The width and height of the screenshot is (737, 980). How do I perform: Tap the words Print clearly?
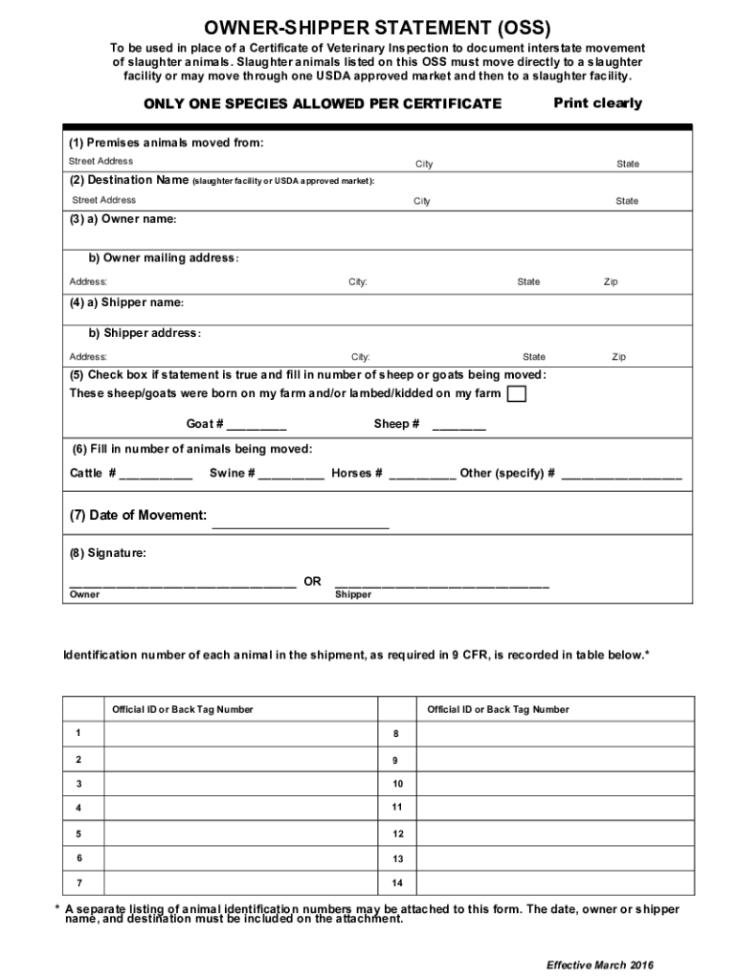pos(597,103)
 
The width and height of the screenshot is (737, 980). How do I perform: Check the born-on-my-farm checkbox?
pos(517,394)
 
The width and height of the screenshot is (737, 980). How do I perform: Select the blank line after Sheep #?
pos(459,425)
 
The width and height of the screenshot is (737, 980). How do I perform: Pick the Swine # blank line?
pos(291,474)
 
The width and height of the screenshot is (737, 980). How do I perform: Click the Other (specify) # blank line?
pos(622,474)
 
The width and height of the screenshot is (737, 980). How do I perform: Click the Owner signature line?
pos(182,581)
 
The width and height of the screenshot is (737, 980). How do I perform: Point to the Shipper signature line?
pos(441,581)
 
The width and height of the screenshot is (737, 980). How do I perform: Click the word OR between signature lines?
pos(312,582)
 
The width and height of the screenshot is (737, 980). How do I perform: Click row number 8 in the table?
pos(395,734)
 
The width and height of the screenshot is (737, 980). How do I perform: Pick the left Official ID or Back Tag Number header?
pos(182,709)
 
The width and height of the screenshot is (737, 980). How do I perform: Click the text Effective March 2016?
pos(599,964)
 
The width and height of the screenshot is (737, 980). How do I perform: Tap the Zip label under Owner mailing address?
pos(611,282)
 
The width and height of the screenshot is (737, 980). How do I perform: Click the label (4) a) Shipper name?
pos(126,302)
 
